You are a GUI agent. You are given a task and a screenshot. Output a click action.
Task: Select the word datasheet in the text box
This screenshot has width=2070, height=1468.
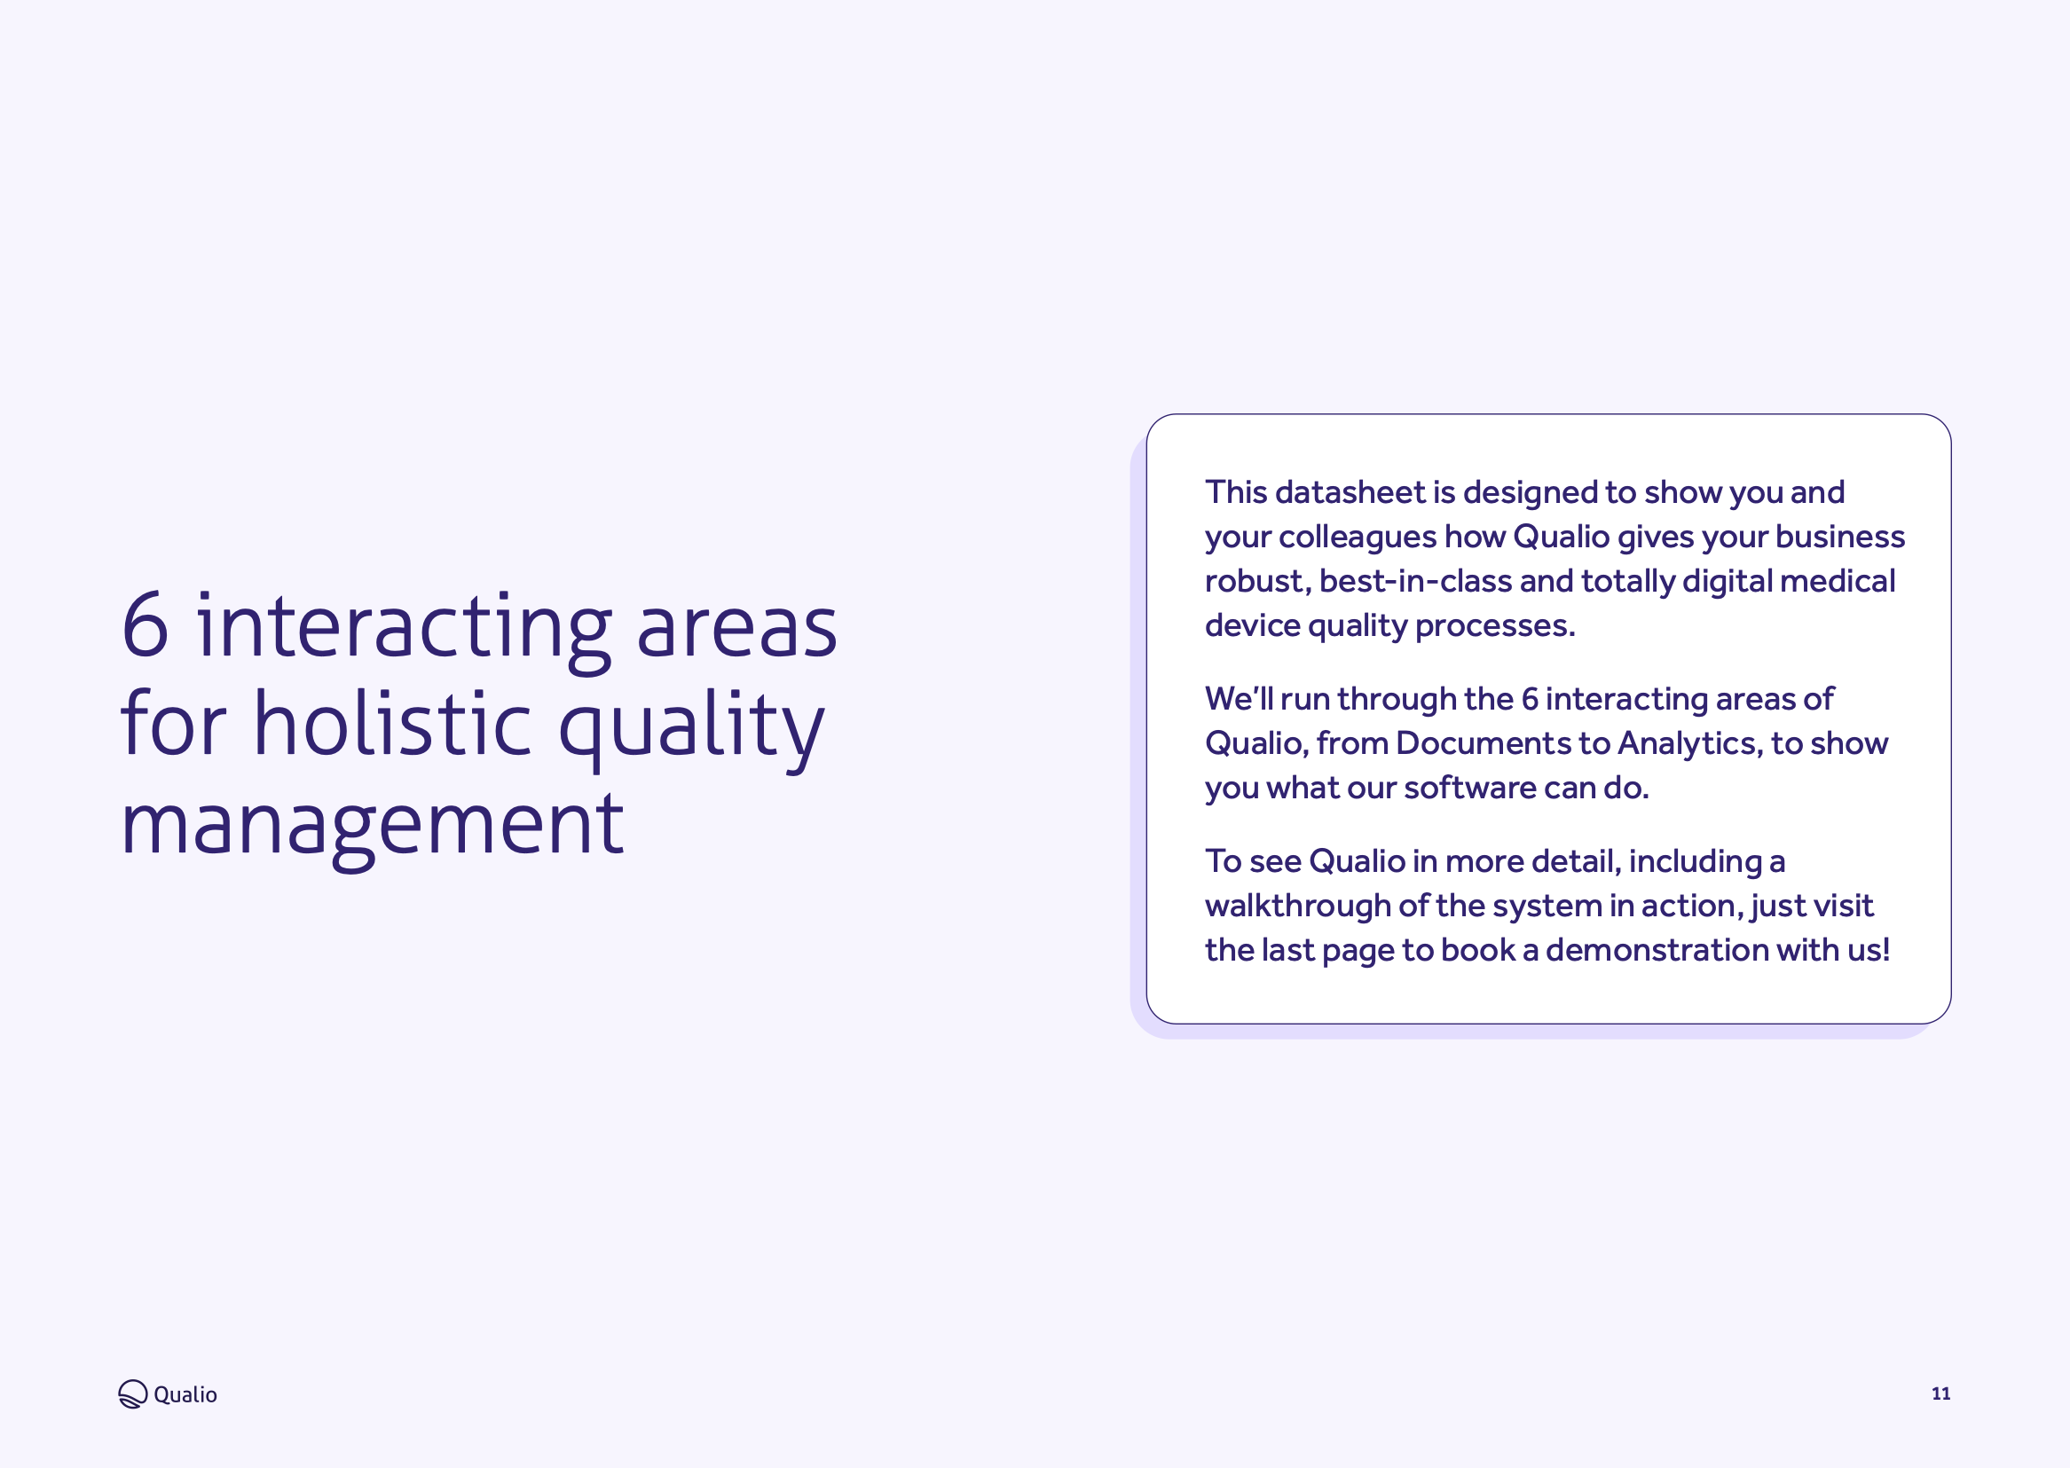tap(1350, 491)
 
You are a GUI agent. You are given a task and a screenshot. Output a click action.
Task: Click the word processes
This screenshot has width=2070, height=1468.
tap(1494, 626)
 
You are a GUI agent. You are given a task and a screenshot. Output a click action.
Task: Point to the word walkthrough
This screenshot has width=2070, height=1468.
tap(1297, 906)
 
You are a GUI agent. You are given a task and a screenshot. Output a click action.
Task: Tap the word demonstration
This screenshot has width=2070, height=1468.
tap(1657, 950)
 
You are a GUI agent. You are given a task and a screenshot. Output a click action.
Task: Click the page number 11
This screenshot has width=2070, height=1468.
tap(1940, 1393)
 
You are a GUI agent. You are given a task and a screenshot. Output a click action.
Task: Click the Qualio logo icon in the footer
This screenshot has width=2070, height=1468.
tap(133, 1393)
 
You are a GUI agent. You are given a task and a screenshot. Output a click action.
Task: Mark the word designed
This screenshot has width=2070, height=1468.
tap(1531, 492)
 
